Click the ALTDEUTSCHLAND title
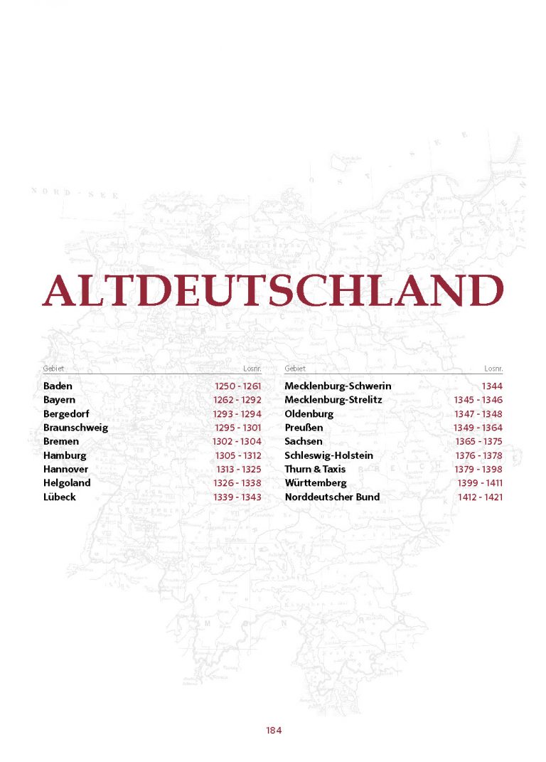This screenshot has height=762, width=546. [273, 290]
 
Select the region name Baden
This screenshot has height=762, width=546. [58, 386]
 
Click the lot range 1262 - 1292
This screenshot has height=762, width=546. [237, 400]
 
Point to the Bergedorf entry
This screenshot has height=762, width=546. [66, 414]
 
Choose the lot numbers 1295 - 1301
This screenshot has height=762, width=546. [237, 428]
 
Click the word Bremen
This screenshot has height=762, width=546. [61, 442]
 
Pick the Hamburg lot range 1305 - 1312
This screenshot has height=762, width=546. [238, 455]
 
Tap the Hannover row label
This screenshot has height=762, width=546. [65, 470]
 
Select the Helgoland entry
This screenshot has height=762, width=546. [67, 483]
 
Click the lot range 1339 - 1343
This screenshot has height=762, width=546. [237, 497]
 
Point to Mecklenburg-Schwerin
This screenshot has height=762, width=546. [338, 386]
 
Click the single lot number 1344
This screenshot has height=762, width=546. [491, 386]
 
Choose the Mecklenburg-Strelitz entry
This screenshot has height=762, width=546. [333, 400]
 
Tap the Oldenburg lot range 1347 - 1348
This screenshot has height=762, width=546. [478, 414]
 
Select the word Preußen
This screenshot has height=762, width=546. [304, 428]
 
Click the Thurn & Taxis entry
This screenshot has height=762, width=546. [315, 470]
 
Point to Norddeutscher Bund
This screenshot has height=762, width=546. [332, 497]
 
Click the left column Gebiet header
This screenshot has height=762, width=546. [53, 369]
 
